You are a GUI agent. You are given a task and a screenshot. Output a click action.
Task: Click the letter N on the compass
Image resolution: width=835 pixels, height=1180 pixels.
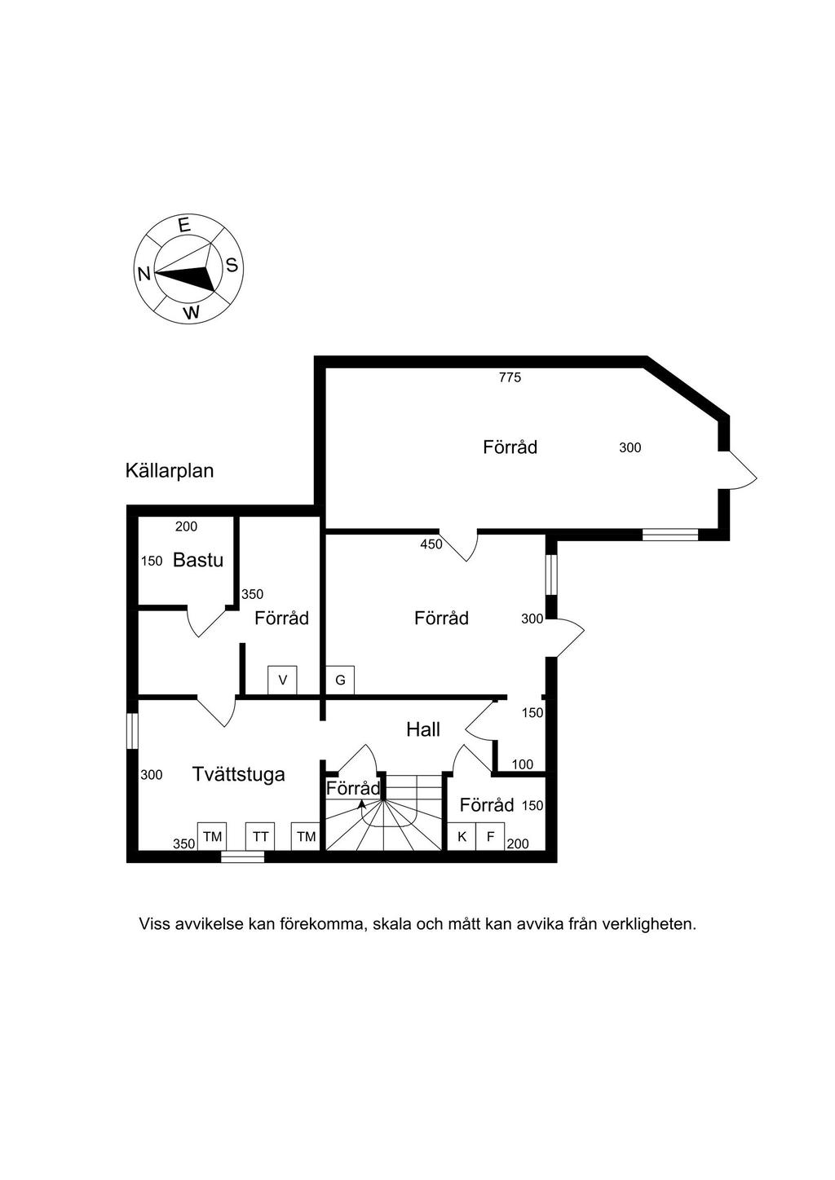point(144,274)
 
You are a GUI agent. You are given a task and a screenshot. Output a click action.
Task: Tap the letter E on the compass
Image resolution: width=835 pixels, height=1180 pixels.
point(184,226)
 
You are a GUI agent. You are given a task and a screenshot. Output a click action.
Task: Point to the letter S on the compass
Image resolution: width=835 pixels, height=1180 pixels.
point(232,265)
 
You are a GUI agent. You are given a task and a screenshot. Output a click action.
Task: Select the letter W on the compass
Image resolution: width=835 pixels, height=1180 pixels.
point(192,312)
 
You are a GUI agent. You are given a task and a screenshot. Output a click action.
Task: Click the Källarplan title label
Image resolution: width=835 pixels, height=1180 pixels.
point(170,470)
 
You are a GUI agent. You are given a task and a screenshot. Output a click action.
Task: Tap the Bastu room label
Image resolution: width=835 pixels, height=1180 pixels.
point(198,560)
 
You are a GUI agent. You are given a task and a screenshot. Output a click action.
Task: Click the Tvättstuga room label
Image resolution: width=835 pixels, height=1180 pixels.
point(238,774)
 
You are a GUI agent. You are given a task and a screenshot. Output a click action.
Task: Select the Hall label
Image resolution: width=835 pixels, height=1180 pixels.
point(423,729)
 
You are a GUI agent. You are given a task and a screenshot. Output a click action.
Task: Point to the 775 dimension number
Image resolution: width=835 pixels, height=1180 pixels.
point(510,377)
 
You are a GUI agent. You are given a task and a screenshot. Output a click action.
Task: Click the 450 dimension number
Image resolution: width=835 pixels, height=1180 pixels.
point(431,544)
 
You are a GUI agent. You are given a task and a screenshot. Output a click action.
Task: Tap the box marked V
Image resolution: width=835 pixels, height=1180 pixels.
point(283,680)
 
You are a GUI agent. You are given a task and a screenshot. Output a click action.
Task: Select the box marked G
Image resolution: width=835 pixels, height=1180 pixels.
point(340,680)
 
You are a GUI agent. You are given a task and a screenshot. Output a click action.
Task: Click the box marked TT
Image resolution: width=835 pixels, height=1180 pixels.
point(260,837)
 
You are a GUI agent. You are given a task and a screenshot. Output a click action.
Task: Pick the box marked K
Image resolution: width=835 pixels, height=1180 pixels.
point(462,837)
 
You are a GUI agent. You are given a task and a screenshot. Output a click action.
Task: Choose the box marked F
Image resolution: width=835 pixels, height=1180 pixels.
point(490,837)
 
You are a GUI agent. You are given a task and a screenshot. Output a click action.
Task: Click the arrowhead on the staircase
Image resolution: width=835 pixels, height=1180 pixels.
point(361,804)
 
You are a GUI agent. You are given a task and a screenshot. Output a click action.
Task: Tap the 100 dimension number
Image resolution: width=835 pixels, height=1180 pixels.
point(523,764)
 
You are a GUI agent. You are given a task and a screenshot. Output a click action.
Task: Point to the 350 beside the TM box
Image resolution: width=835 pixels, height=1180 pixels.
point(184,843)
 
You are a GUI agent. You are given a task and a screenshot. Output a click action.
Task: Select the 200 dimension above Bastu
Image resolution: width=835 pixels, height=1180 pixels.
point(186,526)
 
